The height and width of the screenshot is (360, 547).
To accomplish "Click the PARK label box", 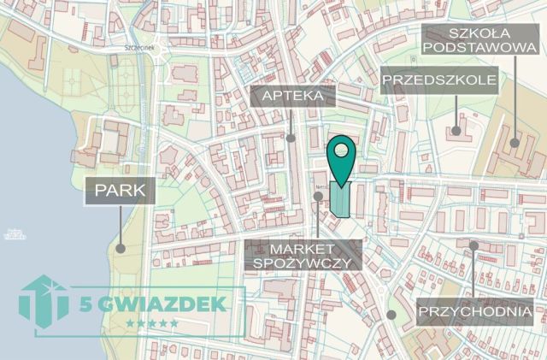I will click(x=120, y=192).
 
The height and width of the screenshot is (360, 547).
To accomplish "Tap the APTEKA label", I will click(x=292, y=94).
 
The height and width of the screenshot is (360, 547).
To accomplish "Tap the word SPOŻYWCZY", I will click(x=304, y=263).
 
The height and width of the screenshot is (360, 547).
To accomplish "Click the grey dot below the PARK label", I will click(x=121, y=249).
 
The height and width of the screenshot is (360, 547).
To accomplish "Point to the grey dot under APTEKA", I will click(x=291, y=138).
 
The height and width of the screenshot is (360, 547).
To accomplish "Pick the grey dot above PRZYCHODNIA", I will click(x=474, y=245).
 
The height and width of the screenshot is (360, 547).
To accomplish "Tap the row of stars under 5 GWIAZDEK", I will click(x=152, y=323).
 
